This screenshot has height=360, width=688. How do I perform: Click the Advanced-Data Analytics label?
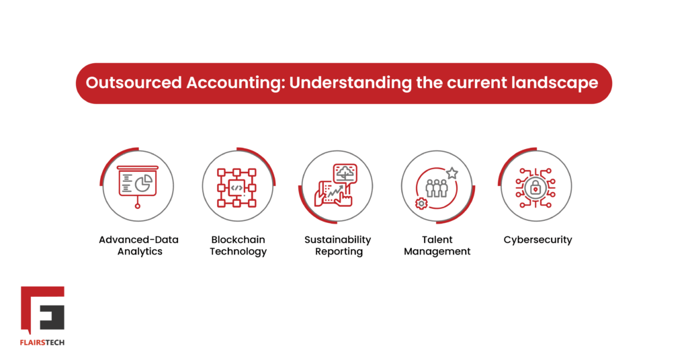pos(139,246)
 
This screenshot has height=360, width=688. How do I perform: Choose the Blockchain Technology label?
pos(238,246)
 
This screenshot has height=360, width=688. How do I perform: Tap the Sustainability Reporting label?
pos(338,246)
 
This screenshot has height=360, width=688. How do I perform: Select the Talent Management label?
pos(437,246)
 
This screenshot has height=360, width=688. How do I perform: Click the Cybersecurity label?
pos(537,240)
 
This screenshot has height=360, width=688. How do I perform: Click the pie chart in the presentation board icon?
pos(144,183)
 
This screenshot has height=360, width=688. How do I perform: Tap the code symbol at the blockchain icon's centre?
pos(237,188)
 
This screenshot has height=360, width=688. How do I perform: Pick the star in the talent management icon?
pos(451,173)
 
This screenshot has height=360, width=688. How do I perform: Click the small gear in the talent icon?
pos(421,204)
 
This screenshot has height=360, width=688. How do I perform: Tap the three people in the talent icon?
pos(437,188)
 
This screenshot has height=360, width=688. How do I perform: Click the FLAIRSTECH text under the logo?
pos(42,341)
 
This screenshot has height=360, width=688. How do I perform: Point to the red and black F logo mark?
pos(42,310)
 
